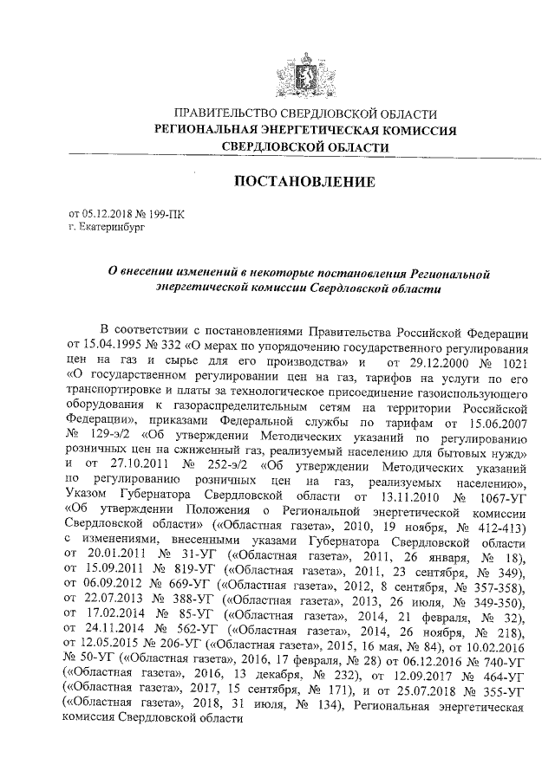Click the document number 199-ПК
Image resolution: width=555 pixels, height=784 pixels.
tap(166, 211)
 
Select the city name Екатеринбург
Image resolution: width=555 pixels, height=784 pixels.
tap(113, 224)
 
